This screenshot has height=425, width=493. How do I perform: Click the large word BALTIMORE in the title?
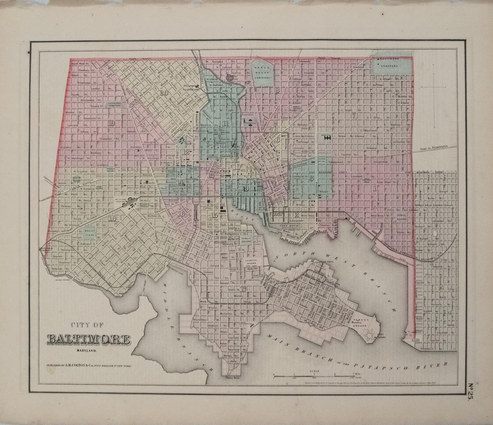[89, 340]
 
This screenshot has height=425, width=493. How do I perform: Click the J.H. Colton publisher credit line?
[90, 366]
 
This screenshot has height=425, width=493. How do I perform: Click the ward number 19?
[111, 124]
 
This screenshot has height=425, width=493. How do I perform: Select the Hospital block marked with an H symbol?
[327, 138]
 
